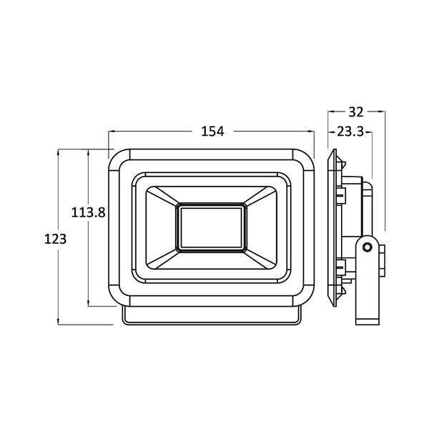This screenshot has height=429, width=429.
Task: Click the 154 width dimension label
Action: coord(212,131)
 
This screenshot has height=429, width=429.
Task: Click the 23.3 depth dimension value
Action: coord(350,131)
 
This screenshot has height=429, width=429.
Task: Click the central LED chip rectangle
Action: coord(212,227)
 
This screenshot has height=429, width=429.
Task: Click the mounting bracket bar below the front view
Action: coord(212,317)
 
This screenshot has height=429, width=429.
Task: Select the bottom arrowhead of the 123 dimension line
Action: coord(58,323)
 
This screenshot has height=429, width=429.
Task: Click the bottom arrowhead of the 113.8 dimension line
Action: coord(89,305)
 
